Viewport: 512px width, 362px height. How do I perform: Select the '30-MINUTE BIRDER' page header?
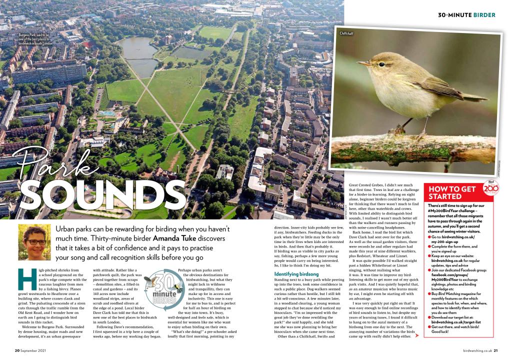[466, 15]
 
